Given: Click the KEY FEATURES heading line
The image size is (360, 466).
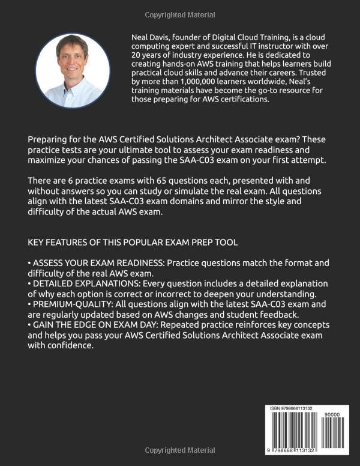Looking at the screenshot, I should [133, 242].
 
